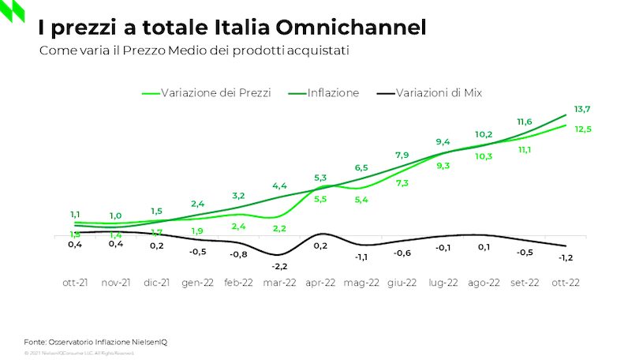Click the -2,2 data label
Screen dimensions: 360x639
(280, 266)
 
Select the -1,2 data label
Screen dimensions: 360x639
(566, 257)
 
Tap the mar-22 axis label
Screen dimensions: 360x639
(279, 283)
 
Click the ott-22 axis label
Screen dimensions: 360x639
(566, 283)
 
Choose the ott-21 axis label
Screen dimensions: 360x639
(76, 283)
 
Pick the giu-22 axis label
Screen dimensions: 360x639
(402, 283)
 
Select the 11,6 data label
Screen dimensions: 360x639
(525, 122)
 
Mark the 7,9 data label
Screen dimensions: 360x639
(402, 155)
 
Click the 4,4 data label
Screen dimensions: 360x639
(280, 186)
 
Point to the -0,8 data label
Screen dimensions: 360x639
(238, 254)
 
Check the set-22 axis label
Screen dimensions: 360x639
(525, 283)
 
